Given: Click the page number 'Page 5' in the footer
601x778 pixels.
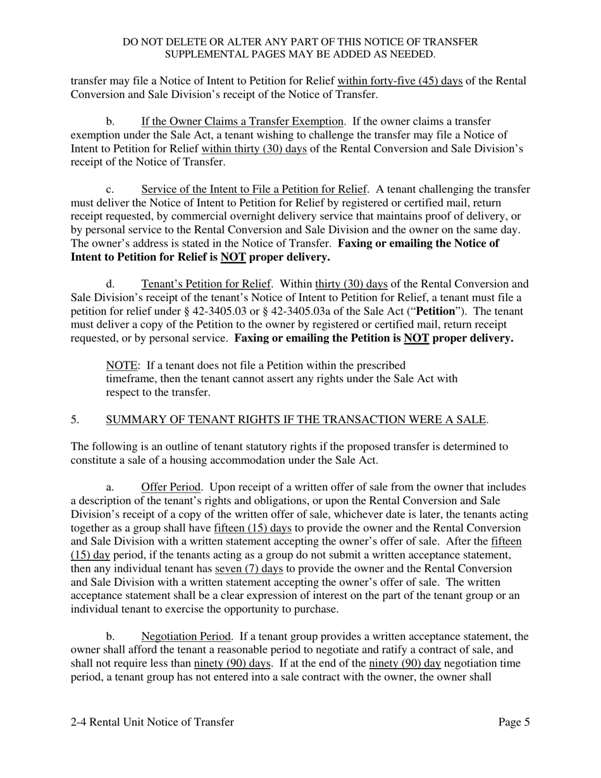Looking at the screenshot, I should [x=514, y=722].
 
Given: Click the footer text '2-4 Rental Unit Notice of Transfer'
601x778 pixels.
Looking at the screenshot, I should [x=152, y=722].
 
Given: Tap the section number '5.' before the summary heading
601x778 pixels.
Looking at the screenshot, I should [x=75, y=419].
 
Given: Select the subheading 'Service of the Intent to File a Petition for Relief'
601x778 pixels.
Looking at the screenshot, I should [x=254, y=189].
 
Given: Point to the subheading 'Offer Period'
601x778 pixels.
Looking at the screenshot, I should [x=171, y=487].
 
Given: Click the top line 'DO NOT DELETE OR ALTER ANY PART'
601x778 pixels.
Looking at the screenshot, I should [x=300, y=42].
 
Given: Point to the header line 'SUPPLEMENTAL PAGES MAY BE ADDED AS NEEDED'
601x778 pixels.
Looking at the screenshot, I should [x=300, y=54].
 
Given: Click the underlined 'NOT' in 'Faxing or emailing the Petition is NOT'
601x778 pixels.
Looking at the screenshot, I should [x=417, y=338].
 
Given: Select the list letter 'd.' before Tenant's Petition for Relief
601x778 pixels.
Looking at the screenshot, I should [x=110, y=284].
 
